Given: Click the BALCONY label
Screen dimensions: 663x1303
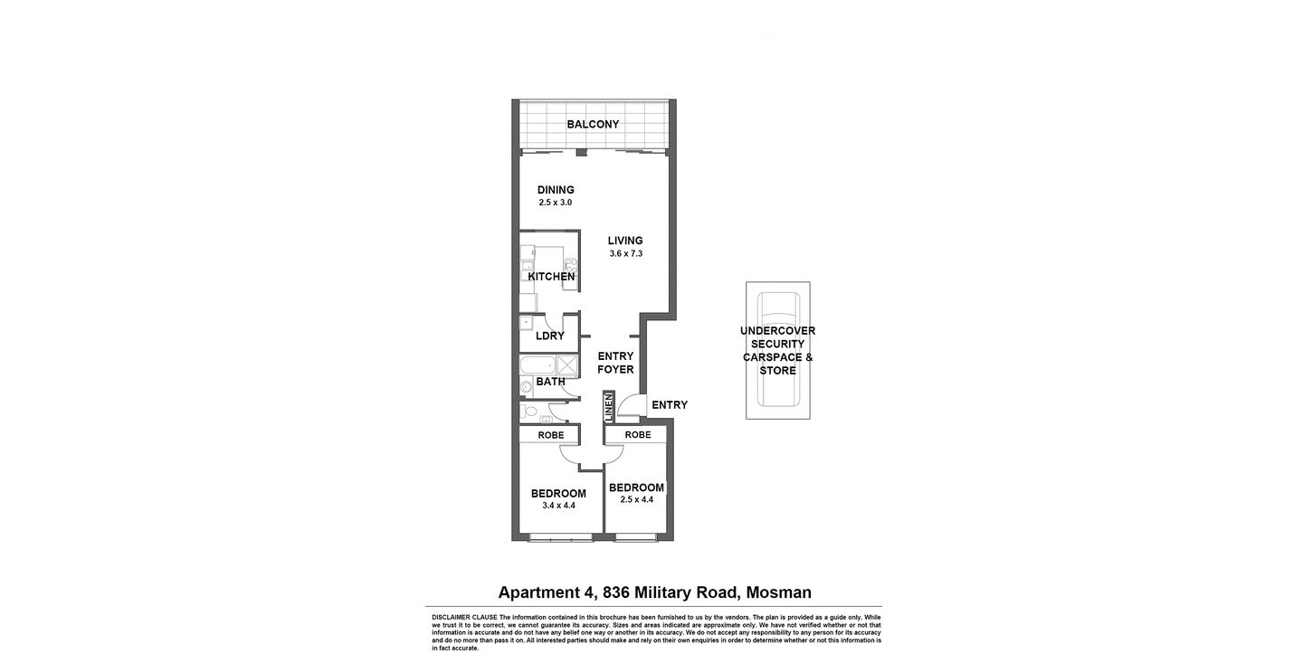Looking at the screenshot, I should (x=593, y=124).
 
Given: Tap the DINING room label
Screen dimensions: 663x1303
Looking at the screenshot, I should (x=556, y=190).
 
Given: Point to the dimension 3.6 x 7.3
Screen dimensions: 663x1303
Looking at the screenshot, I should (x=625, y=254).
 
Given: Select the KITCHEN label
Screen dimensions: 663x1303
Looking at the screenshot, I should (x=551, y=277).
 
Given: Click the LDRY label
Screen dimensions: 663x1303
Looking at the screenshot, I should (x=549, y=336).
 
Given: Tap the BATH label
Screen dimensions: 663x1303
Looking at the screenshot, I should (x=550, y=382).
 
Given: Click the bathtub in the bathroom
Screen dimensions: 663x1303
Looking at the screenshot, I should (x=537, y=365).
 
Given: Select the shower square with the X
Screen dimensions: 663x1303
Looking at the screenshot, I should (x=568, y=365).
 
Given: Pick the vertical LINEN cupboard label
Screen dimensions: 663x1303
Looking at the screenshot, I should (x=609, y=407).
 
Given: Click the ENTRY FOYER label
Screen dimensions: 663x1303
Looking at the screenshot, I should (x=615, y=363).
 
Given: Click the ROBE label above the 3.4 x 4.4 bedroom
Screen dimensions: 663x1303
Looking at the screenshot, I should (x=551, y=435).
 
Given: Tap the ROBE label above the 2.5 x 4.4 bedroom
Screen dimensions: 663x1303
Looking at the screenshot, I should (x=638, y=435).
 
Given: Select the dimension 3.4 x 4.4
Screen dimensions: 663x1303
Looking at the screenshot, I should (x=558, y=506).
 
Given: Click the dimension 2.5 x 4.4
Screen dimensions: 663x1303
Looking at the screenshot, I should (x=636, y=499).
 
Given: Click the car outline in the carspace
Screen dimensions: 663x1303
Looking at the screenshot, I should (x=777, y=350).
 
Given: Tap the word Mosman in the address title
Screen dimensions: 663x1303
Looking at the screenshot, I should (x=780, y=592).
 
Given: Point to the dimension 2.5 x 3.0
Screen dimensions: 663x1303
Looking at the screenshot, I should (x=556, y=203).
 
